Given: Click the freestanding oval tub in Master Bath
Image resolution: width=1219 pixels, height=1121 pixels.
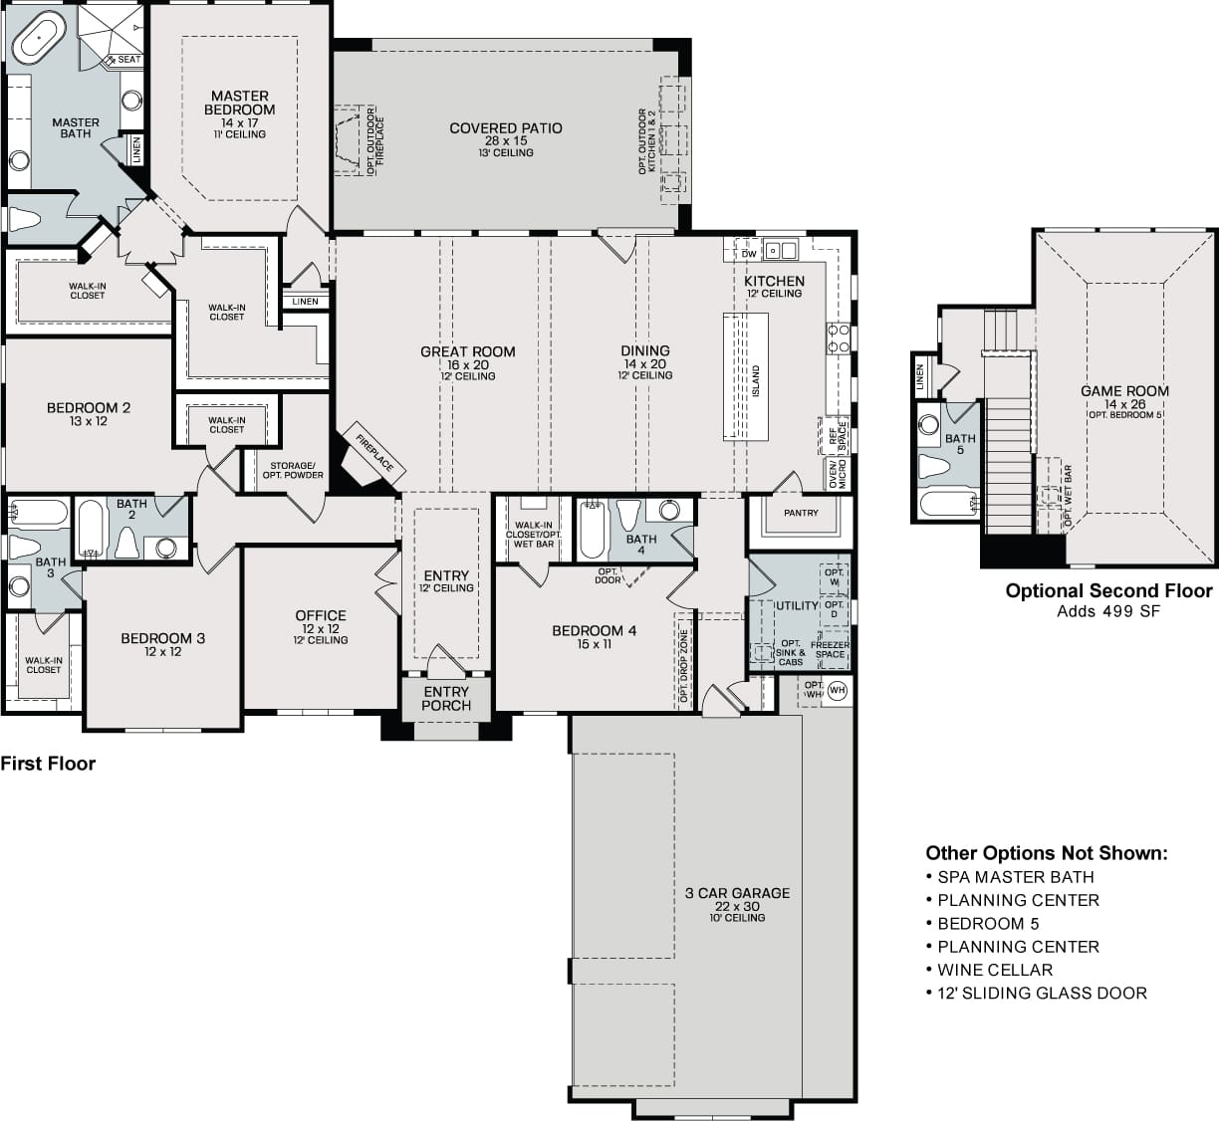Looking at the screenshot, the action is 39,37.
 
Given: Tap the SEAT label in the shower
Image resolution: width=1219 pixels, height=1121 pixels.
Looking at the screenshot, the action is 128,60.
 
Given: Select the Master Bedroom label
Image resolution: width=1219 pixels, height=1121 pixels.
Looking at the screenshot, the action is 239,103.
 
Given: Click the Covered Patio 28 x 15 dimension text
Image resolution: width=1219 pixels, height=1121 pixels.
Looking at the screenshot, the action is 506,140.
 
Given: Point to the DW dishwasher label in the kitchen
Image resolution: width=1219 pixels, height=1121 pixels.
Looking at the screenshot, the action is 749,254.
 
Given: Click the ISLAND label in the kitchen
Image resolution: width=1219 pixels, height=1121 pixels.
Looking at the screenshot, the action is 756,381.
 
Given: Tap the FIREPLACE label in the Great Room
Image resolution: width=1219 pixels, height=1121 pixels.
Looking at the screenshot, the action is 374,453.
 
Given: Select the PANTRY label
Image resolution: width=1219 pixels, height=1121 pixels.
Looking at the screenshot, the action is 801,513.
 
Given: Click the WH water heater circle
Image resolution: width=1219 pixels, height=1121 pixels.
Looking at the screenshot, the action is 838,690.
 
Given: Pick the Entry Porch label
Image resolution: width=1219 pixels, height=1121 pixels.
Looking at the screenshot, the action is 446,699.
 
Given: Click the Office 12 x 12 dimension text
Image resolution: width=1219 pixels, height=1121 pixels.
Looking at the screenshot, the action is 321,629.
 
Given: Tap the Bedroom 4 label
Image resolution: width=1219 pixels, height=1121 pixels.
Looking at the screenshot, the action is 594,630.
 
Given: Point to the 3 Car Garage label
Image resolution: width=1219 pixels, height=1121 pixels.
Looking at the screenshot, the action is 737,893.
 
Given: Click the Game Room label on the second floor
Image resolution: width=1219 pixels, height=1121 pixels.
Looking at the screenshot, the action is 1124,390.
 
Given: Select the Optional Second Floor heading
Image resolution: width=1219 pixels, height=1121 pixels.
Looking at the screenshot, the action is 1109,590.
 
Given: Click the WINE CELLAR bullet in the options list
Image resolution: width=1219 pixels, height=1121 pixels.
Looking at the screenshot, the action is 995,969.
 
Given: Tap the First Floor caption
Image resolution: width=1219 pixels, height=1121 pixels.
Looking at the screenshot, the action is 48,764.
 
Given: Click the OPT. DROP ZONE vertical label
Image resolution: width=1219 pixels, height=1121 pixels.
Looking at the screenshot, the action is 683,666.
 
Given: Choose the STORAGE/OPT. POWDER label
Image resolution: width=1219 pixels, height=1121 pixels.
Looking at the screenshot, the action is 292,470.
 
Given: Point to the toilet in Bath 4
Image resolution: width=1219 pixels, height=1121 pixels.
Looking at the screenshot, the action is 629,516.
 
